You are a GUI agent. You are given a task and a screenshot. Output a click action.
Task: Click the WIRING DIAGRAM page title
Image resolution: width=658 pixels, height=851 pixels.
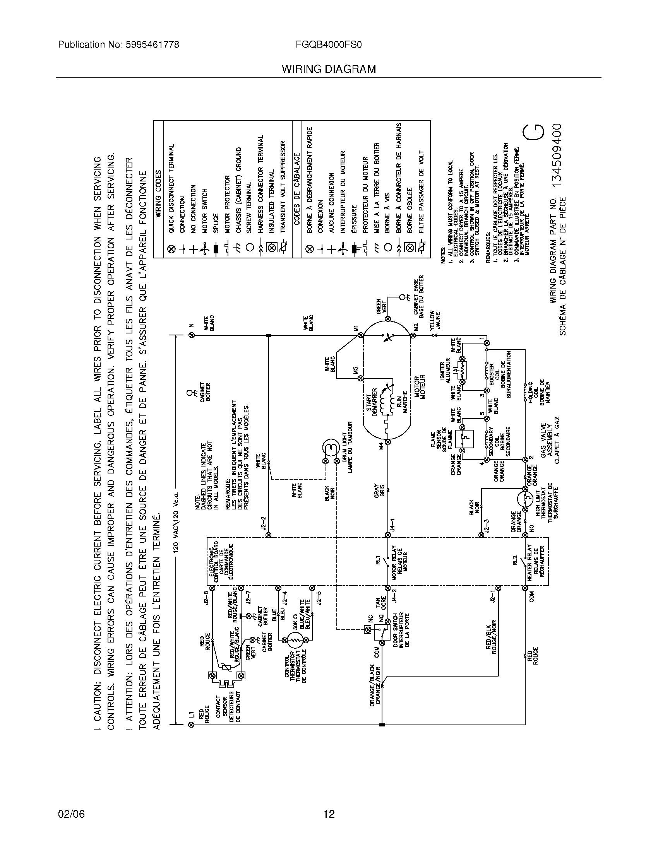329,69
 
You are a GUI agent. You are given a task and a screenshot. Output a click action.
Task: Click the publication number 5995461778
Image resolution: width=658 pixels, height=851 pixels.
152,45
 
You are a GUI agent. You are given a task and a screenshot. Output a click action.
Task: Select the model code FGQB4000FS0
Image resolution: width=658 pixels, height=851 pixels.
329,45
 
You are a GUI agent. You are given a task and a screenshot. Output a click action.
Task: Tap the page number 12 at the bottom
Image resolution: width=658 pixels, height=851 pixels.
329,814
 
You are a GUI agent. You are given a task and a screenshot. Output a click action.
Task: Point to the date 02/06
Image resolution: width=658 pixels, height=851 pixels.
71,814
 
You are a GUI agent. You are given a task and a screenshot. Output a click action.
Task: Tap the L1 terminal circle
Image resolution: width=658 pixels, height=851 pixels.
191,725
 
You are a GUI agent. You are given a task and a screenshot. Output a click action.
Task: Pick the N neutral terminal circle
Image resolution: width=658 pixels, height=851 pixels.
191,335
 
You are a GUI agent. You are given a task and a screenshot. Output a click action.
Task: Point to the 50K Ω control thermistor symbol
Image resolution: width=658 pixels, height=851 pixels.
295,640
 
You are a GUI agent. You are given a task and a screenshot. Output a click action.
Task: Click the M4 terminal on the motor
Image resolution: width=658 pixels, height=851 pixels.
387,442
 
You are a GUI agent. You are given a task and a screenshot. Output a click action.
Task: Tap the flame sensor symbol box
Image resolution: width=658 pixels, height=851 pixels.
467,438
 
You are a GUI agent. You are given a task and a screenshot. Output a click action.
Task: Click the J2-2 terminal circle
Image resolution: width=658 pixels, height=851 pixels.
268,535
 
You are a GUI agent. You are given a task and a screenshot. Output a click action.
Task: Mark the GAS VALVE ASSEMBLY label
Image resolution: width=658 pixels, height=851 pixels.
548,440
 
